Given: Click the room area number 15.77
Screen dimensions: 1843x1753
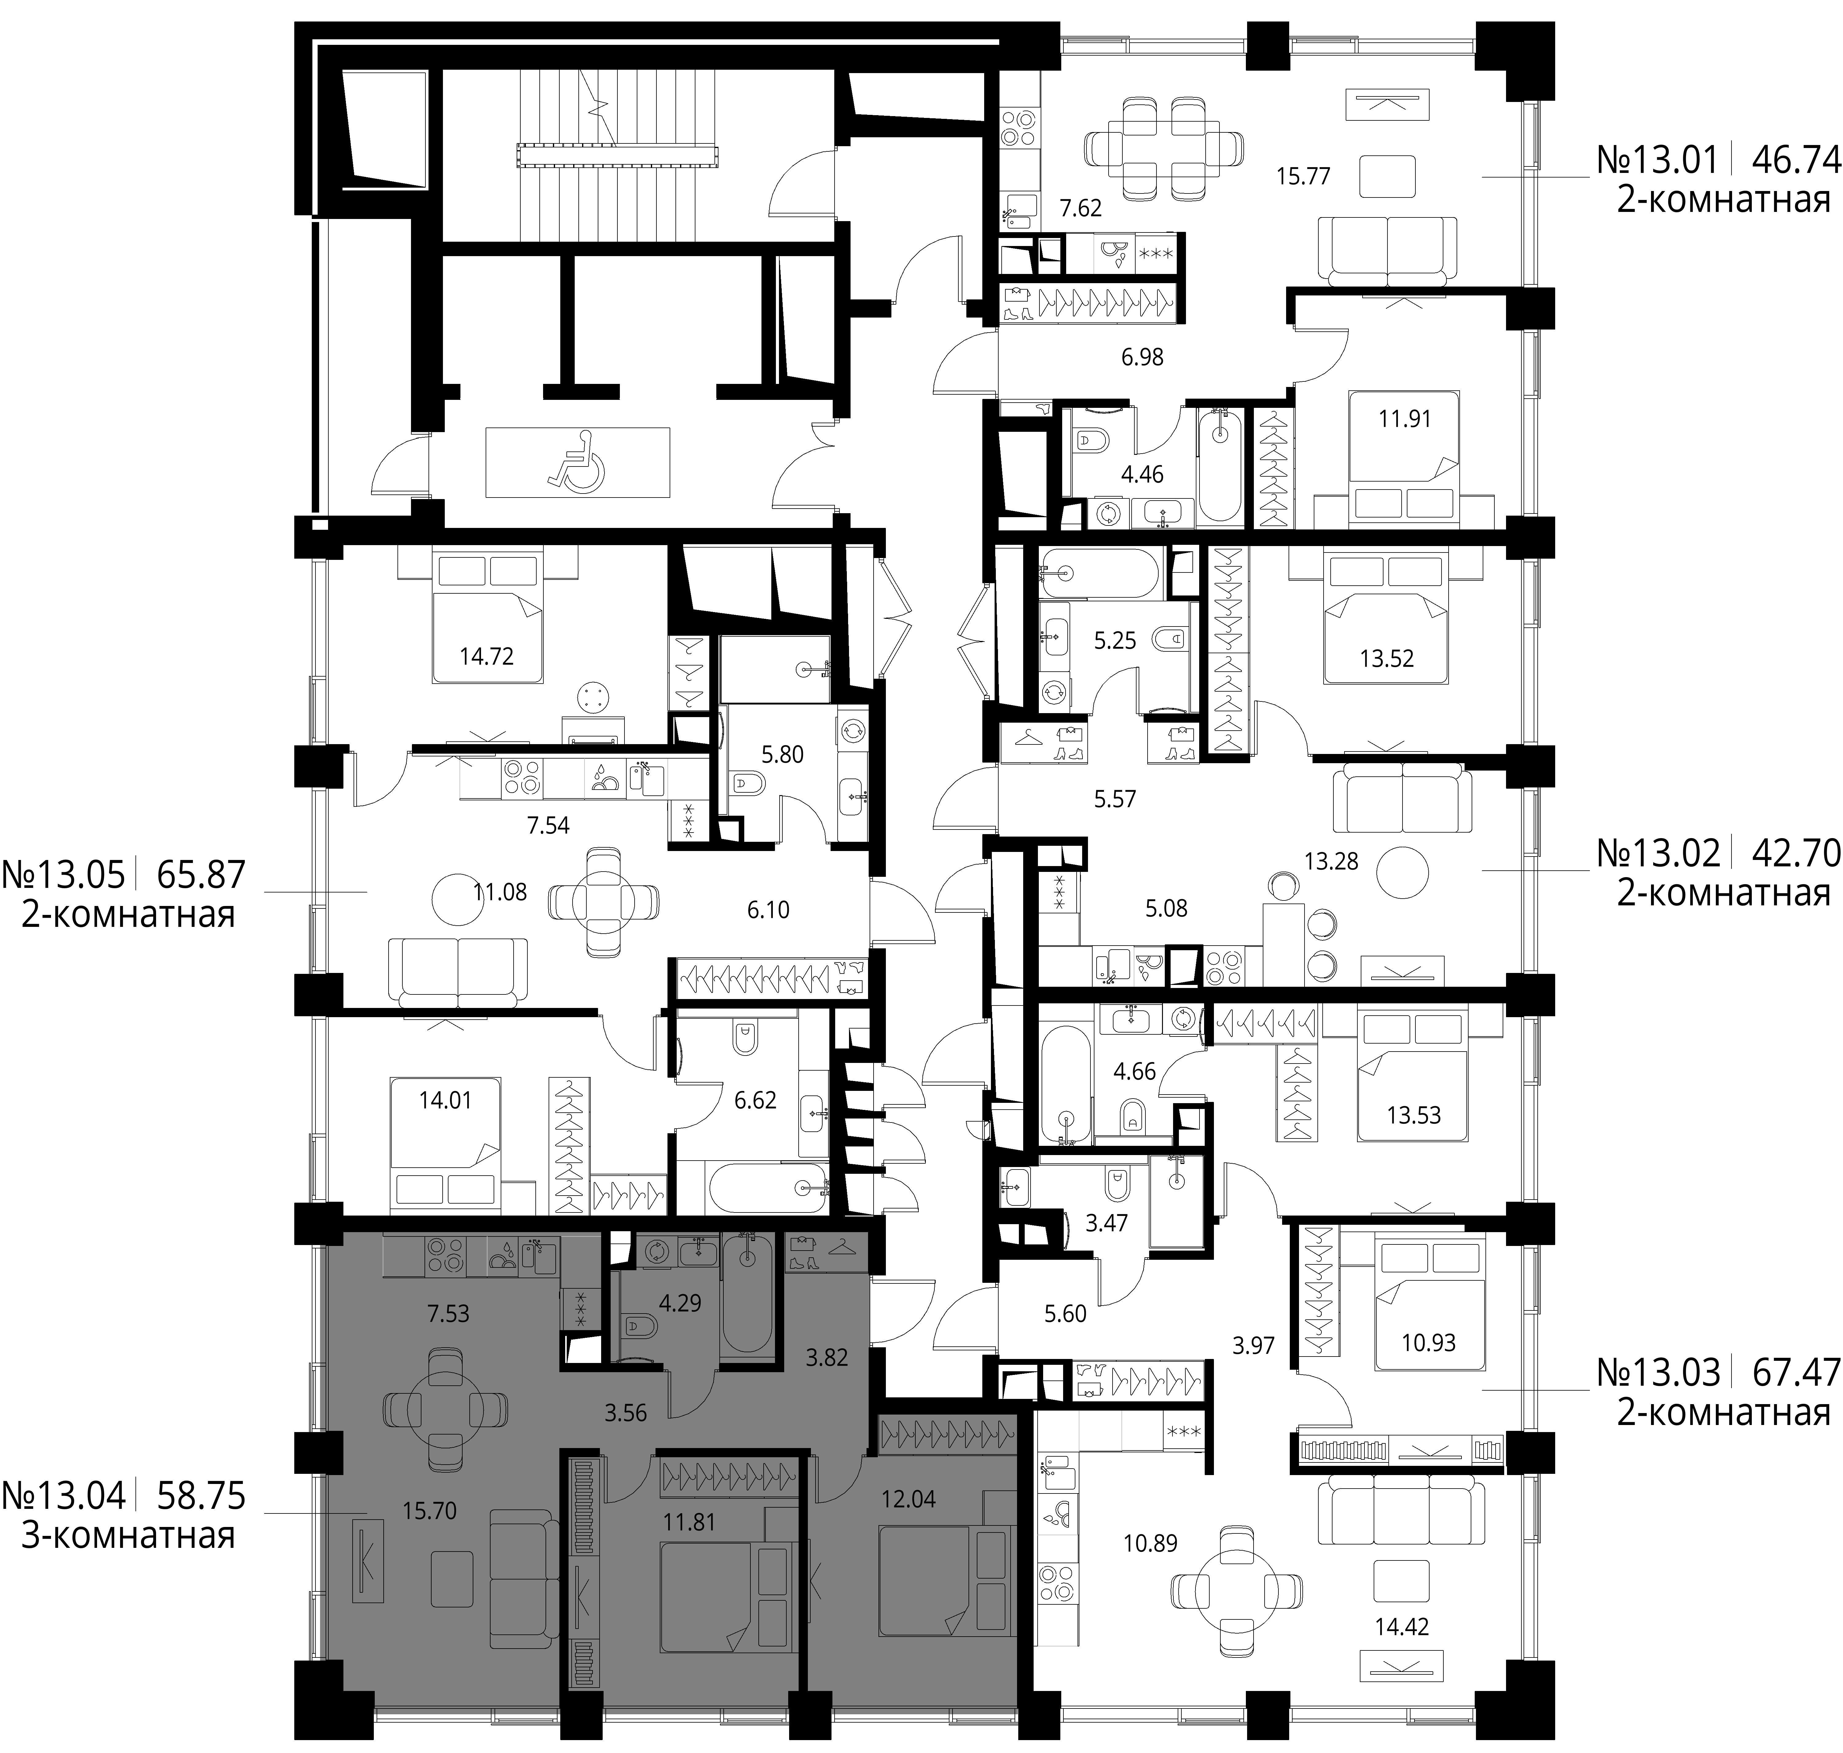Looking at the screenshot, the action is pos(1303,176).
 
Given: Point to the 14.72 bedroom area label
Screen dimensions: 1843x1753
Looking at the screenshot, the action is pos(487,656).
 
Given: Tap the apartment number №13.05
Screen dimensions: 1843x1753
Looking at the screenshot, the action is pos(64,875).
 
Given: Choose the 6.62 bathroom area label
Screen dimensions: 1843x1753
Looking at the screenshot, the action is pos(755,1100).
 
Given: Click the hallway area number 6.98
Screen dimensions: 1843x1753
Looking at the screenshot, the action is pos(1142,357).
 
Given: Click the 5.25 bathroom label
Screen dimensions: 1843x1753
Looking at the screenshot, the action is pos(1115,640).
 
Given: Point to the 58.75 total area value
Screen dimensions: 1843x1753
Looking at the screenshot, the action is pos(201,1496).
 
